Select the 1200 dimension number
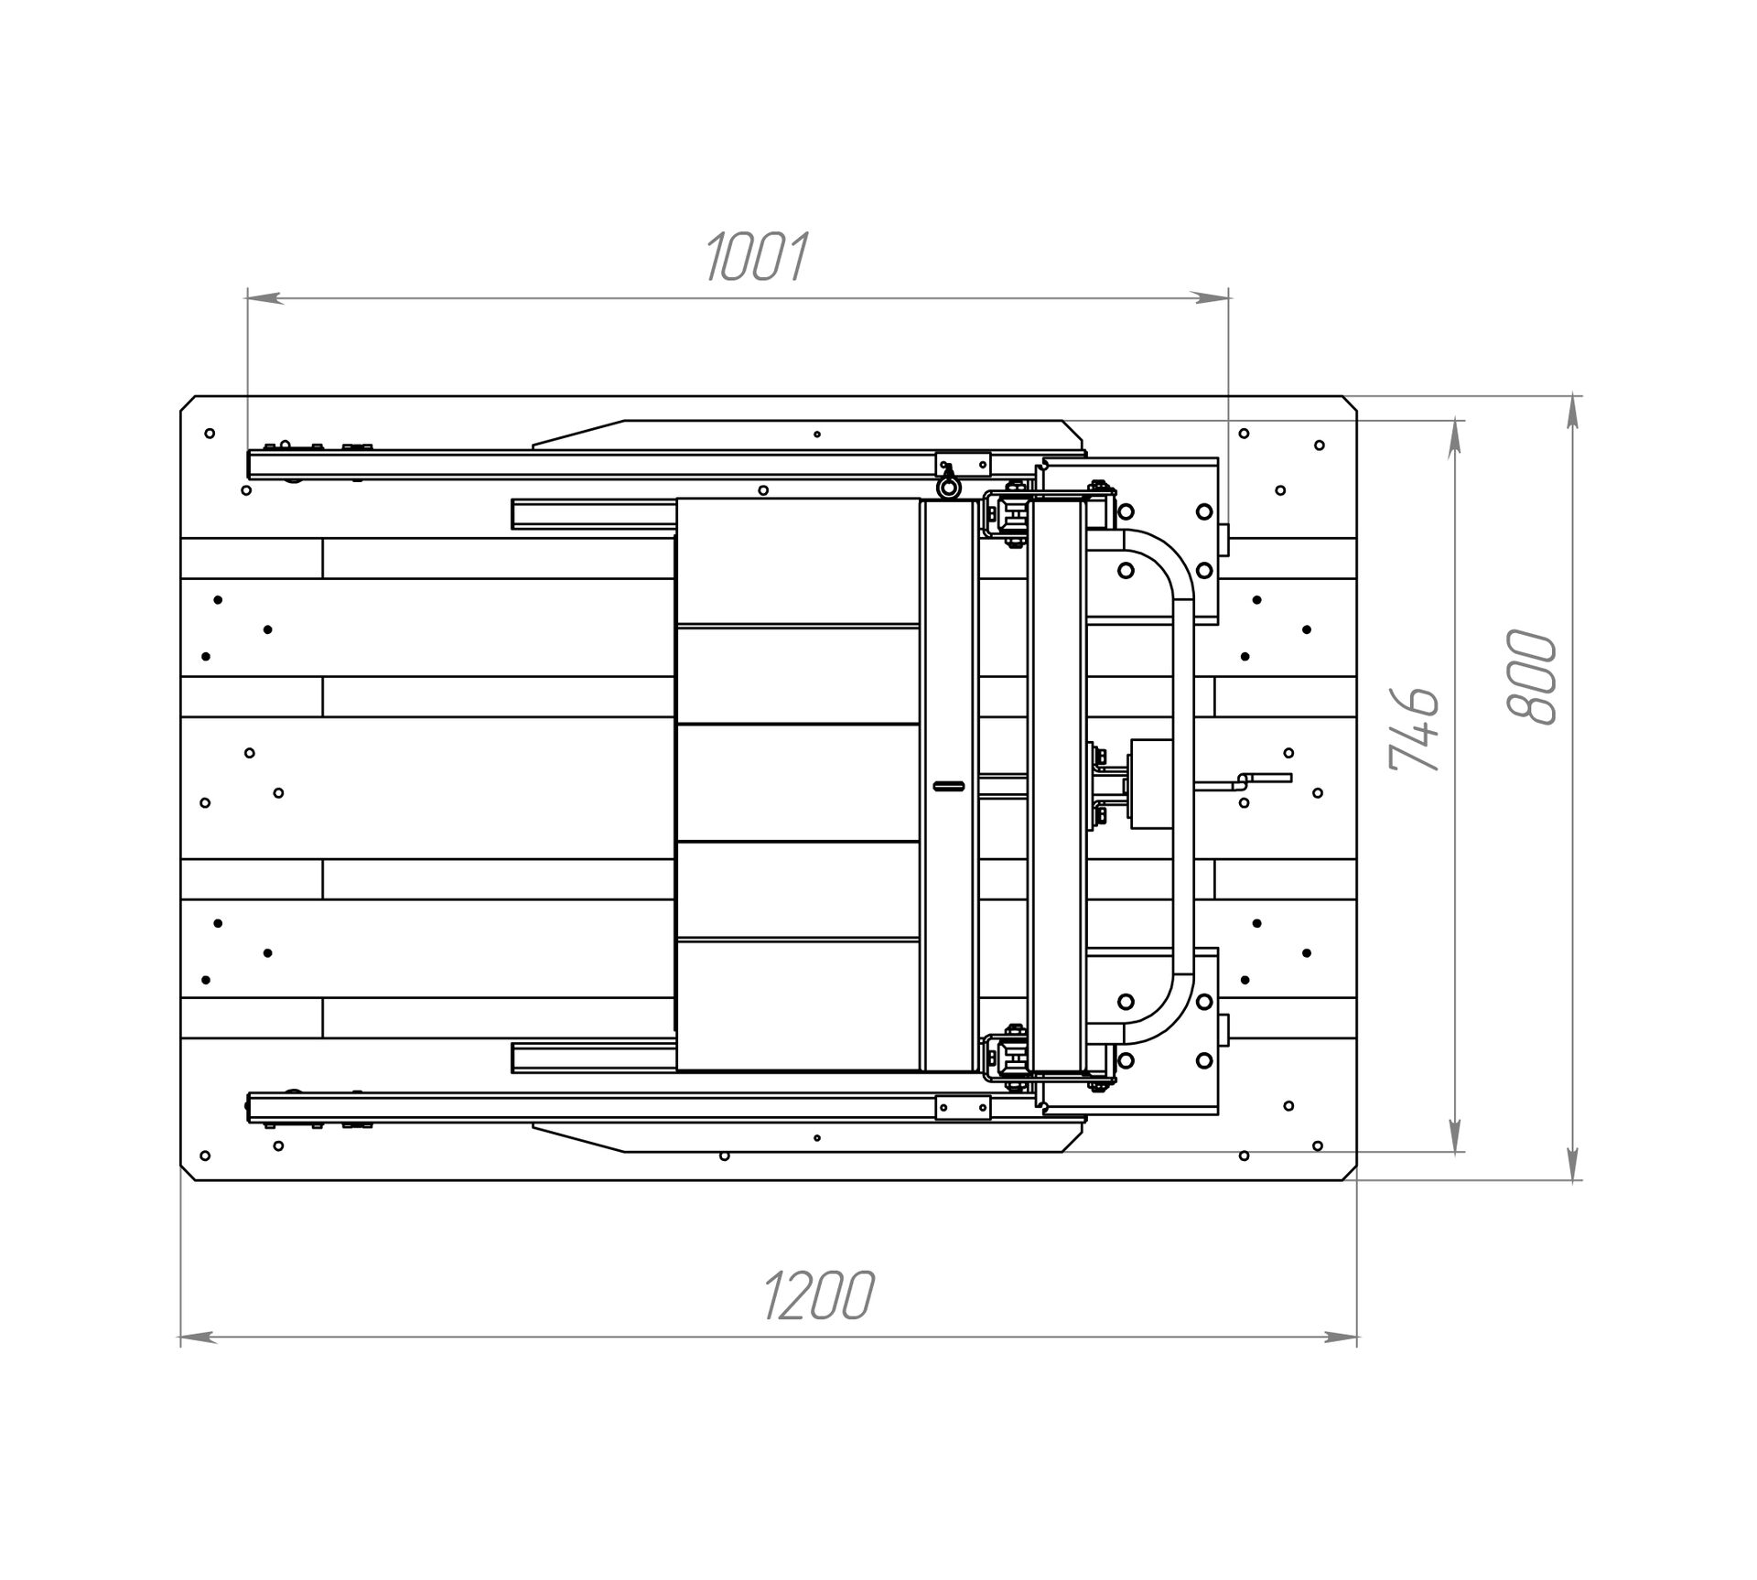point(818,1295)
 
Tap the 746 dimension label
point(1414,728)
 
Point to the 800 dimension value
point(1531,677)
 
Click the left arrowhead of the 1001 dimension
point(264,297)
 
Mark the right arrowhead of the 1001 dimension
point(1212,297)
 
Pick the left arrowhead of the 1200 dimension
point(198,1338)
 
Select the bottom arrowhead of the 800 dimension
point(1573,1163)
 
